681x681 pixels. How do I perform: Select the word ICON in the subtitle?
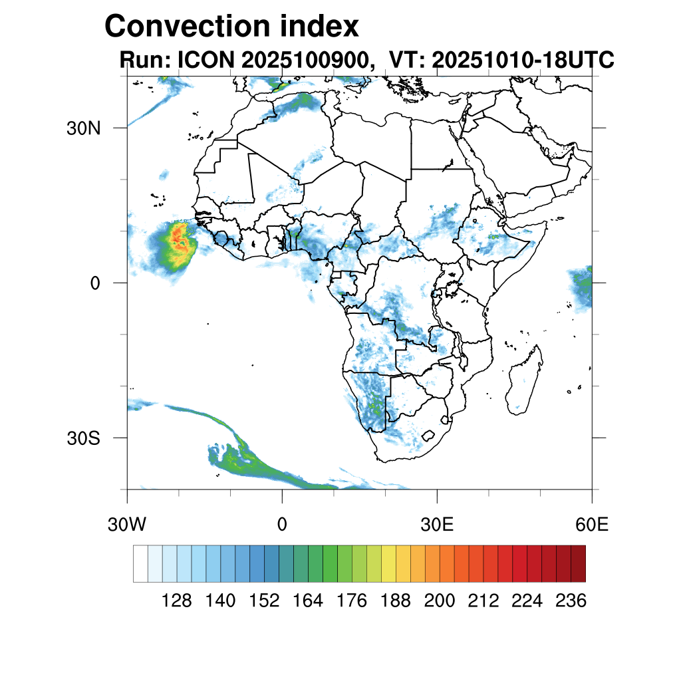click(205, 60)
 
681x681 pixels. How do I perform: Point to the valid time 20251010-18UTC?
click(523, 60)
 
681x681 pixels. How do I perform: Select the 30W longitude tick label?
click(126, 525)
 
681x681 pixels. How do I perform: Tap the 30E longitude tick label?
click(437, 525)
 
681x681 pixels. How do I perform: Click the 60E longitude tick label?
click(592, 525)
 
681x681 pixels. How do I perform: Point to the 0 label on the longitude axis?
click(282, 525)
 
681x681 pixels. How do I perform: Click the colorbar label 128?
click(177, 601)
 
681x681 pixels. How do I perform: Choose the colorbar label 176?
click(352, 601)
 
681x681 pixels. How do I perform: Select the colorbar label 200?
click(440, 601)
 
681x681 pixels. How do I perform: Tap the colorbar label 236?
click(571, 601)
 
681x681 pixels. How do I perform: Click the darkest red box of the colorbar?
click(578, 563)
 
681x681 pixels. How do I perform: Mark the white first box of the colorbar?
click(140, 563)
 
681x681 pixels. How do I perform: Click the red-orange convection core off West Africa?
click(179, 239)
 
